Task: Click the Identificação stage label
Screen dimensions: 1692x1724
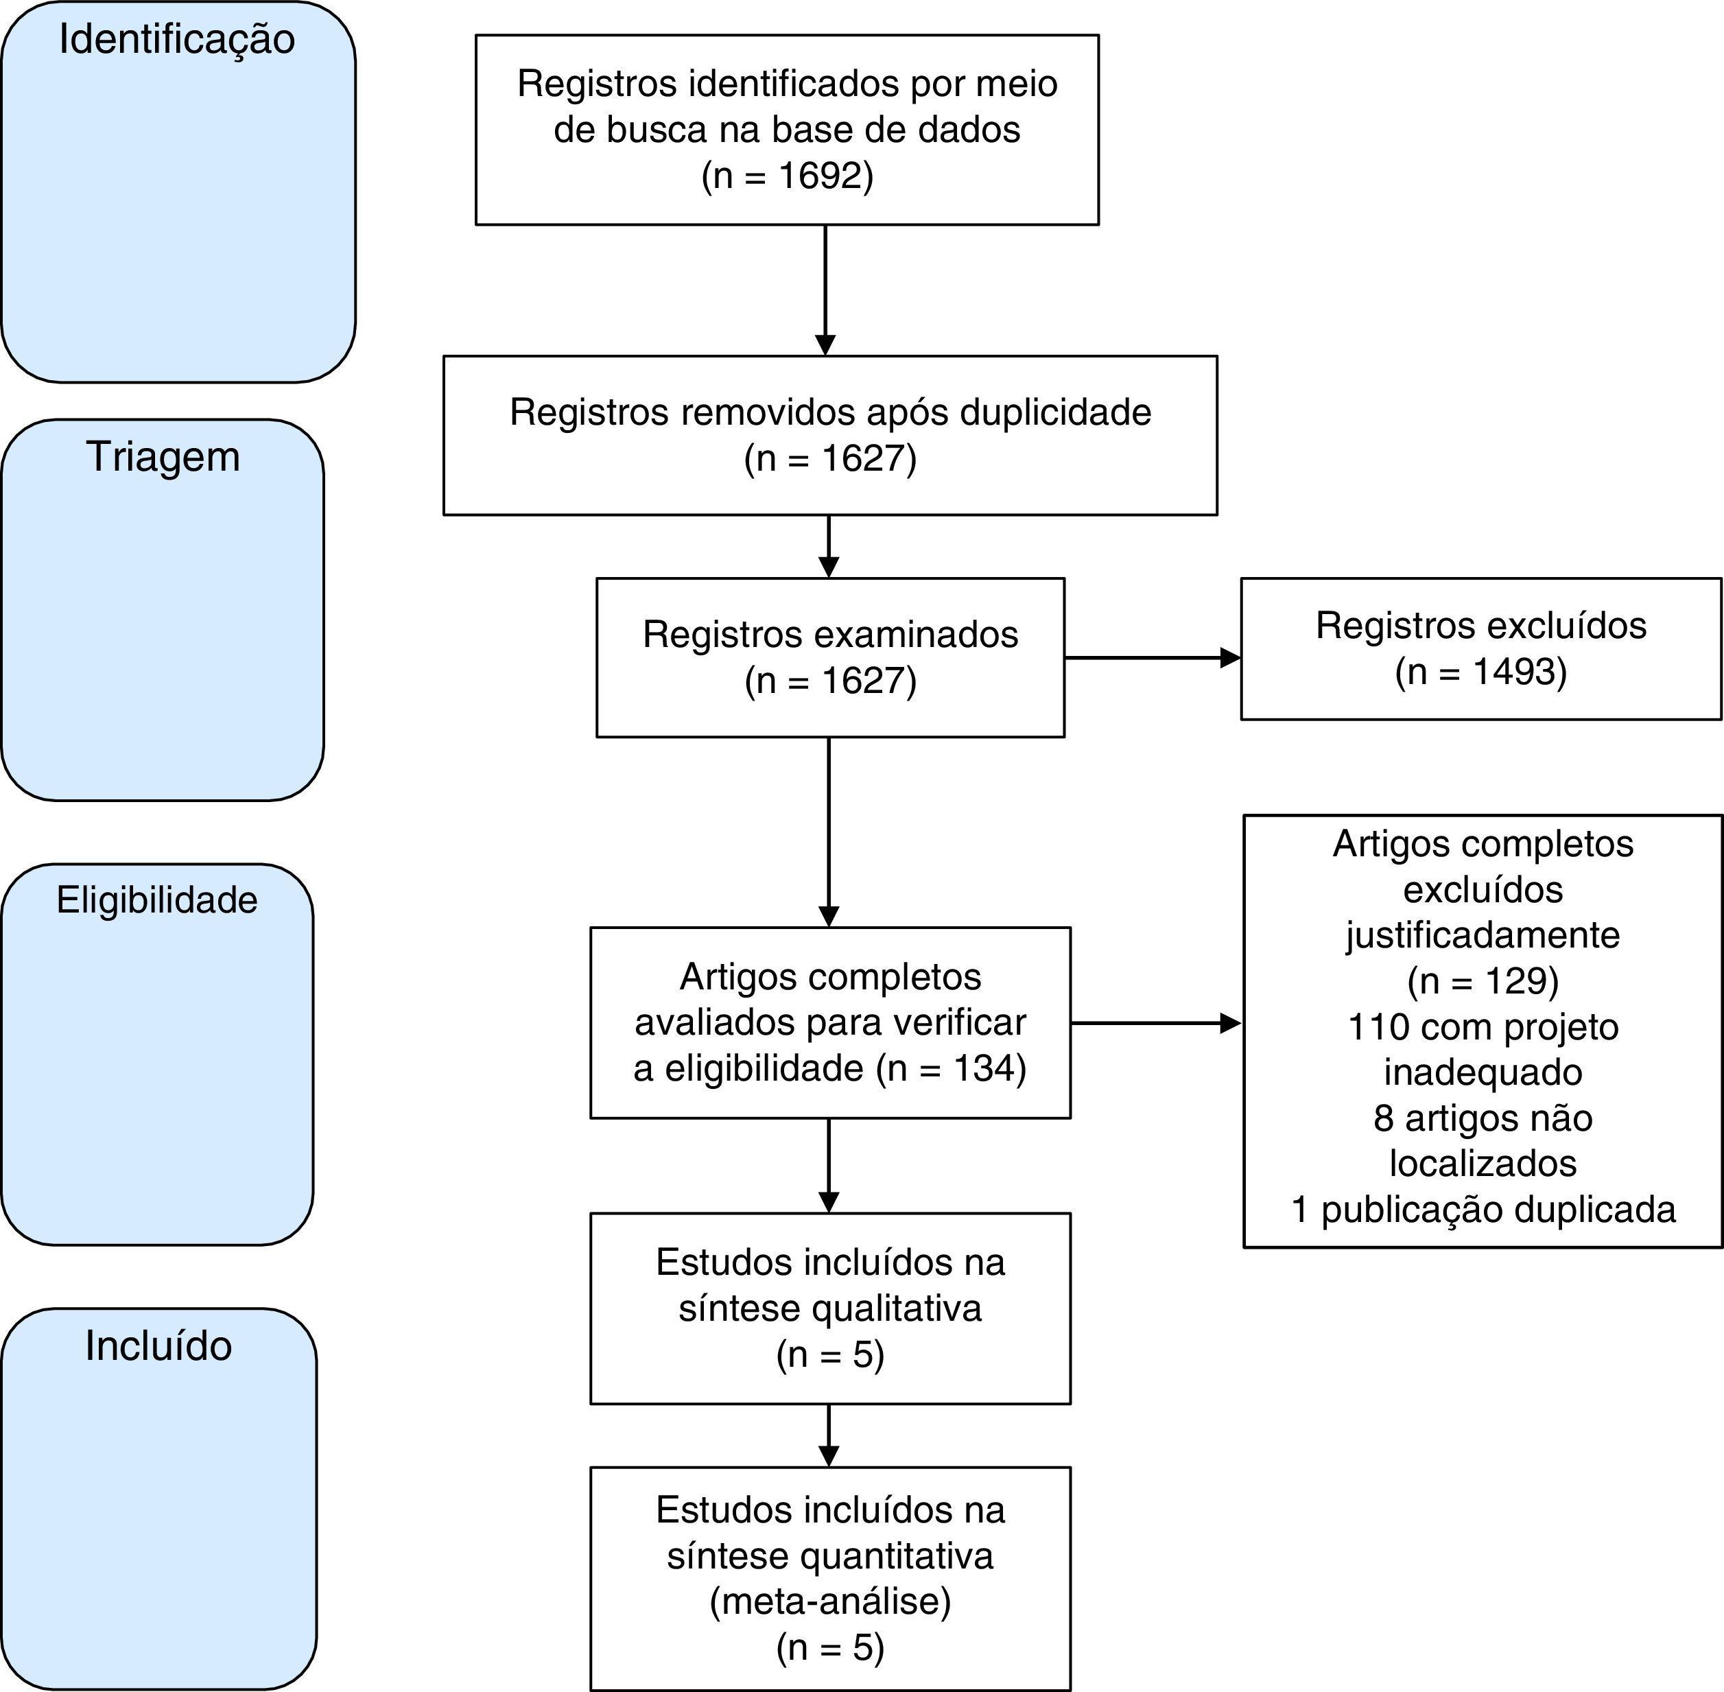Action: [x=177, y=40]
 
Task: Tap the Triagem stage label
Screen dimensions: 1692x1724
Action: [x=163, y=457]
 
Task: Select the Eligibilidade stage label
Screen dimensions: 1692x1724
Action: [x=157, y=900]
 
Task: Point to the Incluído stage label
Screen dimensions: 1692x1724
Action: [x=158, y=1346]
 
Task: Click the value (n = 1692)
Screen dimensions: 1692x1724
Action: [x=788, y=176]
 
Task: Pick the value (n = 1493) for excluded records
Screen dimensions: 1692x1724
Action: [x=1480, y=672]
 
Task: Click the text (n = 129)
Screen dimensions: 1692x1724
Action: [x=1483, y=981]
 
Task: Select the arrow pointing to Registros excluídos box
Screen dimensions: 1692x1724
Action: [x=1153, y=657]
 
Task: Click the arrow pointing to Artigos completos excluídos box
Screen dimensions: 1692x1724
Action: [x=1155, y=1023]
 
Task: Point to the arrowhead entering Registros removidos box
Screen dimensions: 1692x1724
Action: [x=825, y=345]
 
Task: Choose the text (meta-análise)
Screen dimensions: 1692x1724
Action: [x=830, y=1601]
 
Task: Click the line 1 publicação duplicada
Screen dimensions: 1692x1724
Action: [x=1483, y=1210]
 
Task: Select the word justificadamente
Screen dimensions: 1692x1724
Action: [x=1483, y=935]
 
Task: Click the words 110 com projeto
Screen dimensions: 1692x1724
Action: [x=1483, y=1027]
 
